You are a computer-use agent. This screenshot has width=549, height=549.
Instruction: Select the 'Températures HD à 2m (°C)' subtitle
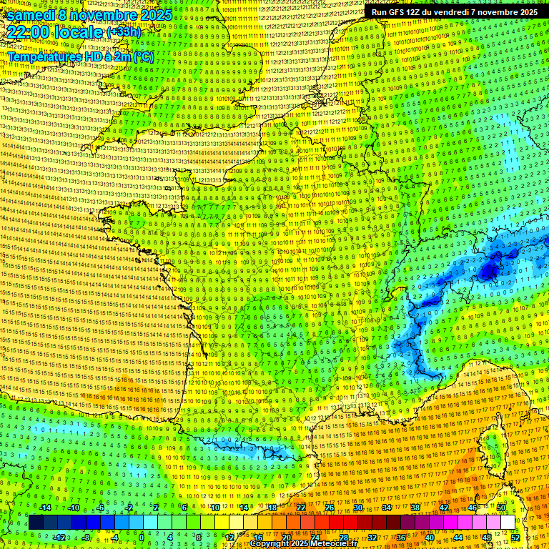click(x=80, y=56)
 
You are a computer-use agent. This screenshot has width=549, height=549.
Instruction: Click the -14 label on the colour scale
click(x=46, y=508)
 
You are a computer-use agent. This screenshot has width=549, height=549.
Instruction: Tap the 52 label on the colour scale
click(x=515, y=537)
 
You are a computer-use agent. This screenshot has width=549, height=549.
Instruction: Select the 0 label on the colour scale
click(x=142, y=537)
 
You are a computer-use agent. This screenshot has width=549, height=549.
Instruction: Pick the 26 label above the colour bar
click(x=330, y=508)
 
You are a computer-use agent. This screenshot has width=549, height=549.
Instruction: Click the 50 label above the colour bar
click(x=501, y=508)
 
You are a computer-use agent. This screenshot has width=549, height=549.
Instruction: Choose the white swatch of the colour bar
click(x=508, y=523)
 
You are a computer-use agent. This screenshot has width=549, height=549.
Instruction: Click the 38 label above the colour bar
click(x=415, y=508)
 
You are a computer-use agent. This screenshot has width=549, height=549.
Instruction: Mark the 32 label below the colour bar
click(x=372, y=537)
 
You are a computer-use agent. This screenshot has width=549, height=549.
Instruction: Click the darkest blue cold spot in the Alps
click(x=489, y=271)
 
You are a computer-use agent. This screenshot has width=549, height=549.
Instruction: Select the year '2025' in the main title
click(x=152, y=14)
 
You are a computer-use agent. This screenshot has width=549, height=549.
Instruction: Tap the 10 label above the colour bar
click(x=214, y=508)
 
